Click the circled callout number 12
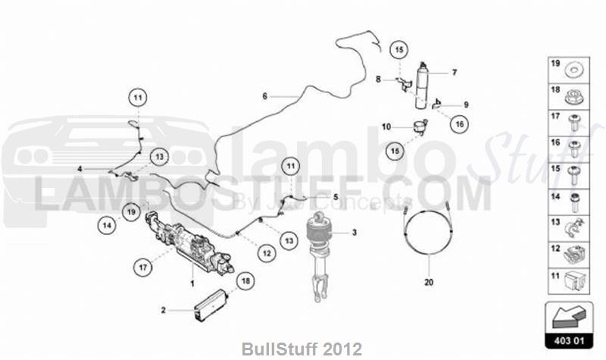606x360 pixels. [x=264, y=254]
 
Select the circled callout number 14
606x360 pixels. [x=108, y=224]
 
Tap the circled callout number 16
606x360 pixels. [x=459, y=122]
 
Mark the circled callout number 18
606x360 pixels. [x=244, y=280]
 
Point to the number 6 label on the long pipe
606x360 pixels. [x=265, y=96]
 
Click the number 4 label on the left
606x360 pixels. [x=80, y=169]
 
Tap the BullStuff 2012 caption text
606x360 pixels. [x=302, y=349]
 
